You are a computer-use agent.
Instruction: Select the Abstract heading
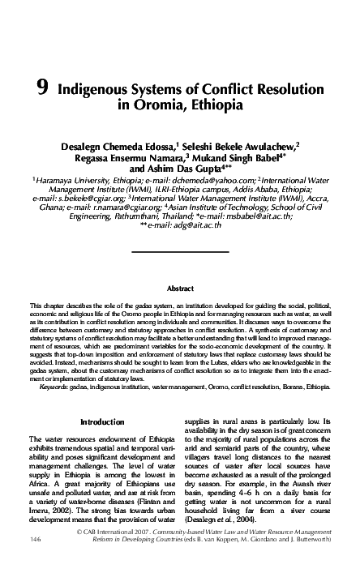tap(180, 288)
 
